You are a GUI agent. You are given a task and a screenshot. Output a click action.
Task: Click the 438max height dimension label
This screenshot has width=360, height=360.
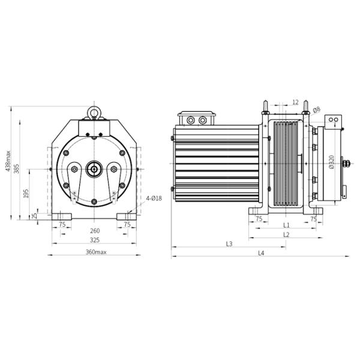(x=8, y=161)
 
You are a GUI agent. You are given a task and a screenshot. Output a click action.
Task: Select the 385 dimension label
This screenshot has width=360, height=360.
(x=17, y=169)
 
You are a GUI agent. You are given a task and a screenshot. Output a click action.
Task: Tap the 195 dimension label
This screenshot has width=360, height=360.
(x=26, y=194)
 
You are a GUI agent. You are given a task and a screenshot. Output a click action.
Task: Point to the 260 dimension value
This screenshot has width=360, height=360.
(x=95, y=230)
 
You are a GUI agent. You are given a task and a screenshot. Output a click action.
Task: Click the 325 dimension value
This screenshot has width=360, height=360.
(x=95, y=240)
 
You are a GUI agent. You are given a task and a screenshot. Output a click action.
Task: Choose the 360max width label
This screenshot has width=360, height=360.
(x=96, y=252)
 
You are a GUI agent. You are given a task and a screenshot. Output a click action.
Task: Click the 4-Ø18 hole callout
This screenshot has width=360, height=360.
(x=154, y=198)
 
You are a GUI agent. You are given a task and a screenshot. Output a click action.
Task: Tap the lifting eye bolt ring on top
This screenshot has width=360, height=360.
(x=94, y=112)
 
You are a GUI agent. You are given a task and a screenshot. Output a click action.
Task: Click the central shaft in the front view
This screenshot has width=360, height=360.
(x=94, y=169)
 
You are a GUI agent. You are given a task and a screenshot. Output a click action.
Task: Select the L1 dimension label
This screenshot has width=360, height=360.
(x=286, y=225)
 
